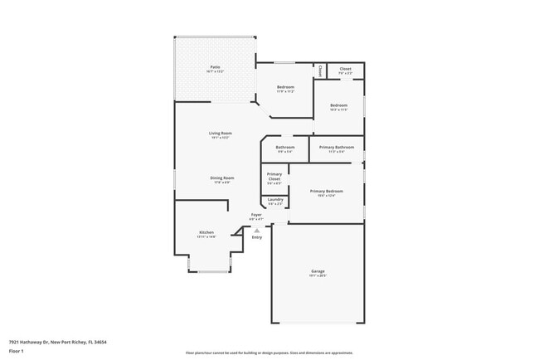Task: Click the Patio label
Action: click(x=215, y=66)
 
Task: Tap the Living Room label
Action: click(x=220, y=133)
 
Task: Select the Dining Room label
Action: click(x=221, y=178)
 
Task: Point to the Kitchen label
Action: click(x=206, y=231)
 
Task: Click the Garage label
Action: click(x=318, y=270)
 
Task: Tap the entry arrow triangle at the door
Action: click(x=256, y=231)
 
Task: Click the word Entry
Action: click(x=256, y=238)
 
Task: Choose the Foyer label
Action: click(x=256, y=214)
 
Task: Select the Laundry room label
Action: click(x=274, y=199)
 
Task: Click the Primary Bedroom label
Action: click(x=326, y=191)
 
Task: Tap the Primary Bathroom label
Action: click(x=337, y=147)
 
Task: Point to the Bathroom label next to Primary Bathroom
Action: click(x=285, y=147)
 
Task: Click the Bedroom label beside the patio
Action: click(x=284, y=86)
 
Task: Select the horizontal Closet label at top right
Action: click(x=345, y=69)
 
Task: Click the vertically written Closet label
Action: click(x=319, y=71)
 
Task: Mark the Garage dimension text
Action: click(x=318, y=275)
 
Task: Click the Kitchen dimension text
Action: click(x=206, y=236)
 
